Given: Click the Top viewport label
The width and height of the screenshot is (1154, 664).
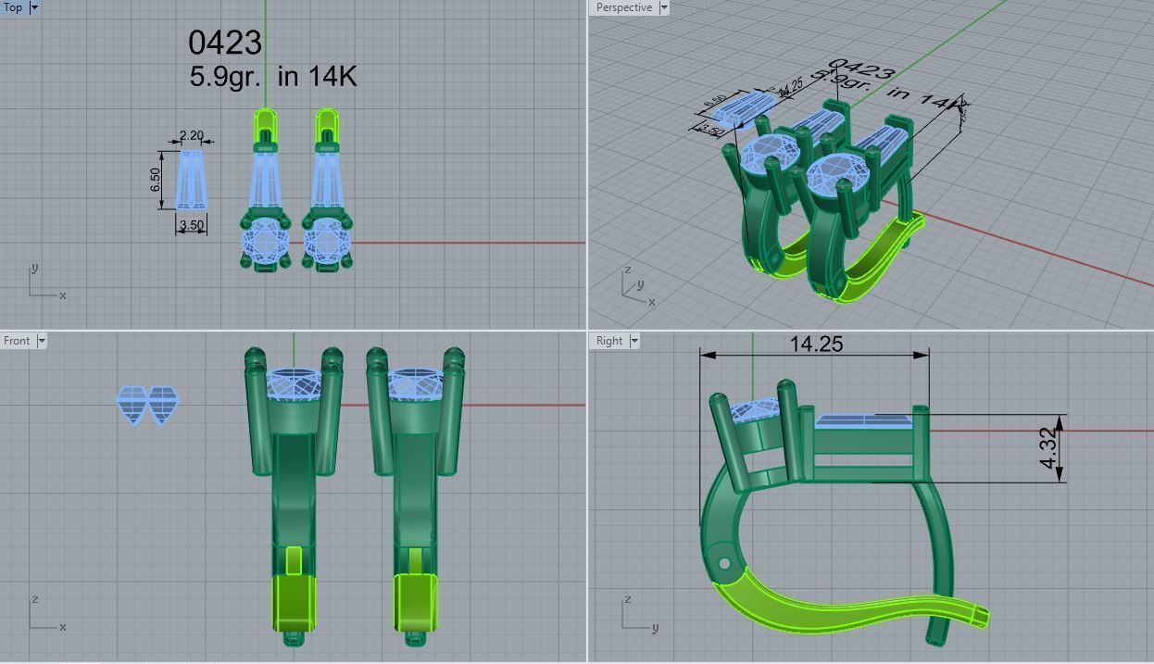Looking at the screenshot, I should (13, 7).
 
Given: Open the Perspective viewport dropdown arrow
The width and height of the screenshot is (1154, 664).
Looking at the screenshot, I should (663, 7).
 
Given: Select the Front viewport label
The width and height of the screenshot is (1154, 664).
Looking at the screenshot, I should (17, 341).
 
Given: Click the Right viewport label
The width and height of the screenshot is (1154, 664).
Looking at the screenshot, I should (608, 341).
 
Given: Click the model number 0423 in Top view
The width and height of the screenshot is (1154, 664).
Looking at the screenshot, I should (225, 43).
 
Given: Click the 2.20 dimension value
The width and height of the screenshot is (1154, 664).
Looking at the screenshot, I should (191, 135).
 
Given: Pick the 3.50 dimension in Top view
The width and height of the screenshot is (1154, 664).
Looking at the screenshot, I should (192, 225).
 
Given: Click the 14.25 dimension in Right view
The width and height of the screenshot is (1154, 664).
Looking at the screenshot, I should (816, 344).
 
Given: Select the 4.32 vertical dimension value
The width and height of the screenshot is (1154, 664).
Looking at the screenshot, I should (1047, 448).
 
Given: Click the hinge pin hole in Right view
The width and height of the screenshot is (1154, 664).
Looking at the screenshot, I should (724, 563).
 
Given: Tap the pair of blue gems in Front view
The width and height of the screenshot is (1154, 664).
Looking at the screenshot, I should (147, 405).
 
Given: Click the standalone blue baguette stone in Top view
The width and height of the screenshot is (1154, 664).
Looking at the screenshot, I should (191, 180).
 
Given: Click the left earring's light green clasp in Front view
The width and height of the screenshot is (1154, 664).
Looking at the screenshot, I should (295, 602).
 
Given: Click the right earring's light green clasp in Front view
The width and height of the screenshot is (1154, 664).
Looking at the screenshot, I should (415, 602).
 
